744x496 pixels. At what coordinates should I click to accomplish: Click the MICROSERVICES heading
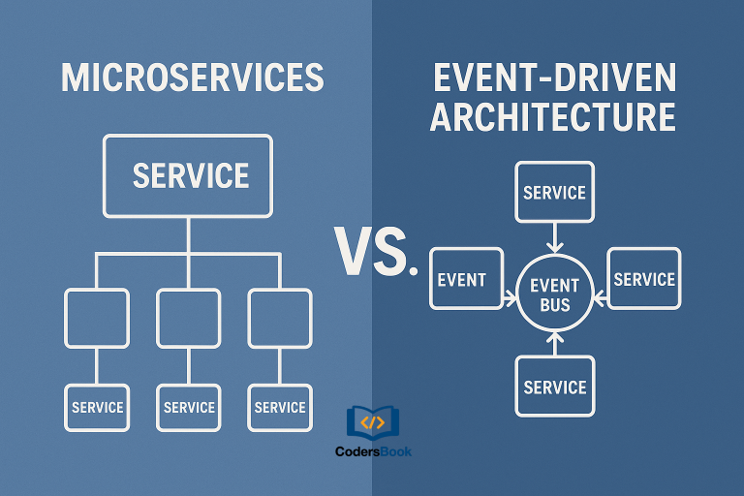(x=192, y=78)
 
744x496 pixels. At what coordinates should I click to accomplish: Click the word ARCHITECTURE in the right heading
(x=553, y=116)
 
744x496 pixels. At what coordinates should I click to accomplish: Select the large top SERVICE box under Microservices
(x=190, y=175)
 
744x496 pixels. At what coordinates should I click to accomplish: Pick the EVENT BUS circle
(x=554, y=294)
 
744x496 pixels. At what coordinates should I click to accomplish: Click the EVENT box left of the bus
(x=465, y=279)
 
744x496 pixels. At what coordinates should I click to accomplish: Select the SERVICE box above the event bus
(x=554, y=192)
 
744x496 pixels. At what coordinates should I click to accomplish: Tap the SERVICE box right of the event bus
(x=643, y=279)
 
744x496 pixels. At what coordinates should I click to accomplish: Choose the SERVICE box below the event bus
(x=554, y=387)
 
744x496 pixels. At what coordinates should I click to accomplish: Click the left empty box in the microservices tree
(x=96, y=318)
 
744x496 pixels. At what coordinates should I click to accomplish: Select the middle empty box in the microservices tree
(x=189, y=318)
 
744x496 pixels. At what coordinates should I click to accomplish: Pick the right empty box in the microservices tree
(x=280, y=318)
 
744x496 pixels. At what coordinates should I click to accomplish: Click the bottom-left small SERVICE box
(x=96, y=408)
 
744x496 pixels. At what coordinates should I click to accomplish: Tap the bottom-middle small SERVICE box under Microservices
(x=189, y=408)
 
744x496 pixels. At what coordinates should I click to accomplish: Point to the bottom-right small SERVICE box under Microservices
(x=280, y=408)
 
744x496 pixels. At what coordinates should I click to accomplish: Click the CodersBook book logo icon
(x=372, y=422)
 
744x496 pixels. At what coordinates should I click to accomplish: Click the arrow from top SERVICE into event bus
(x=554, y=237)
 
